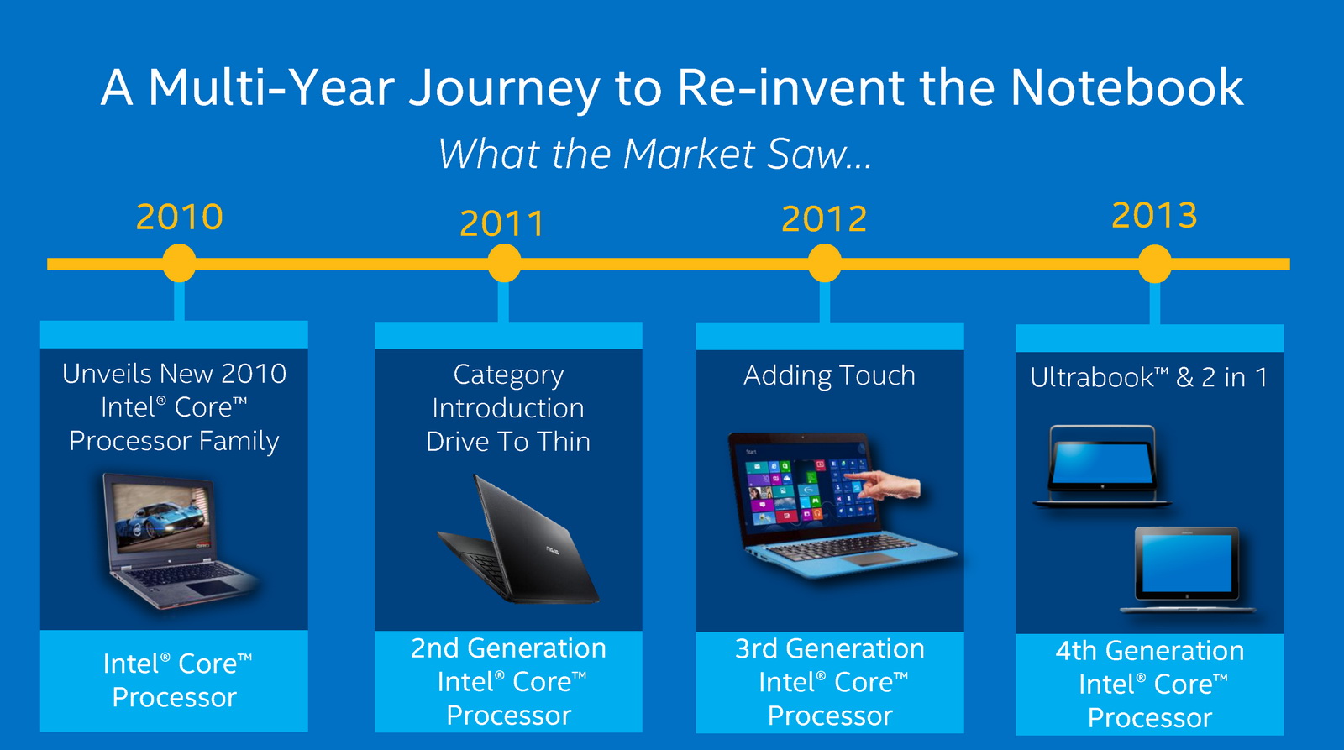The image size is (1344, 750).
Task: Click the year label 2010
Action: [180, 217]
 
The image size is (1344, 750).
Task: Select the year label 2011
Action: [502, 223]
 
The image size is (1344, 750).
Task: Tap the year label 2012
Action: [824, 218]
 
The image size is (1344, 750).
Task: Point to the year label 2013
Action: [1154, 215]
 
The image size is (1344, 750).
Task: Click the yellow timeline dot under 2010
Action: [180, 263]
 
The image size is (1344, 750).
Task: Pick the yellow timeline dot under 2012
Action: [824, 263]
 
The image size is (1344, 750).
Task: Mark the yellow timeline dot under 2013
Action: [1154, 264]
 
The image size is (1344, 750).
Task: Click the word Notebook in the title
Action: [1126, 87]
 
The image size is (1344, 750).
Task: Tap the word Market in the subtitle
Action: [689, 154]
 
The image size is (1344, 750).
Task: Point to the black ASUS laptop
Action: [517, 539]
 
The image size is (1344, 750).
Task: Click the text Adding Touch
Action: [829, 375]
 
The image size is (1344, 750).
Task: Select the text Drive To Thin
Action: [508, 443]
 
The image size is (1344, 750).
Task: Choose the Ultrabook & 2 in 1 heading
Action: [1148, 377]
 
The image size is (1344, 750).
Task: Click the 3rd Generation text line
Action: [830, 648]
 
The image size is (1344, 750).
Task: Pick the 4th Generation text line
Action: [1150, 651]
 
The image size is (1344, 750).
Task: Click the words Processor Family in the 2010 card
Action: [174, 442]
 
